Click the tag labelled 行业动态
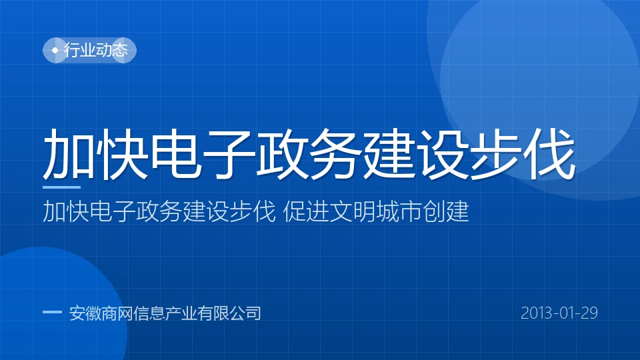point(89,50)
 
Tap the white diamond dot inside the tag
point(55,50)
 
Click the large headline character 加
point(69,154)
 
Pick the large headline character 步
point(496,154)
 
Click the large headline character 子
point(229,154)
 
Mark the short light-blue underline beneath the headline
point(61,187)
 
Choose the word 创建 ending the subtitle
point(446,211)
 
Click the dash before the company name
point(52,313)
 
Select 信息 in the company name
point(149,313)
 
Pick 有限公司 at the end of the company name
point(229,313)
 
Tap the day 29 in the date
point(590,313)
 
